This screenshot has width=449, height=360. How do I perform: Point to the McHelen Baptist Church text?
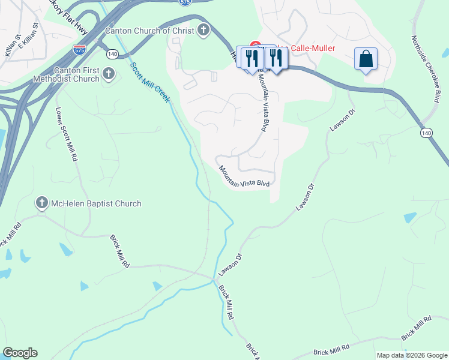point(96,203)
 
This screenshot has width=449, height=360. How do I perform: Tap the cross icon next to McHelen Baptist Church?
point(42,203)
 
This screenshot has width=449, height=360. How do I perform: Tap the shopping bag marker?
point(366,59)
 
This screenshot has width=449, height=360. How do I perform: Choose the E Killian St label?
point(29,35)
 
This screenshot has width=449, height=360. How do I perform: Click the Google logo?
point(19,353)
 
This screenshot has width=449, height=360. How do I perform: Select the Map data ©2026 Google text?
point(411,355)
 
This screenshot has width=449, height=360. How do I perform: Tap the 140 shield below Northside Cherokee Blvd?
point(426,133)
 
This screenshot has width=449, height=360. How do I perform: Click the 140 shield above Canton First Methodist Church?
point(112,54)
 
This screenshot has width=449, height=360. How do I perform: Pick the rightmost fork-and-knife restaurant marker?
point(276,58)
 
